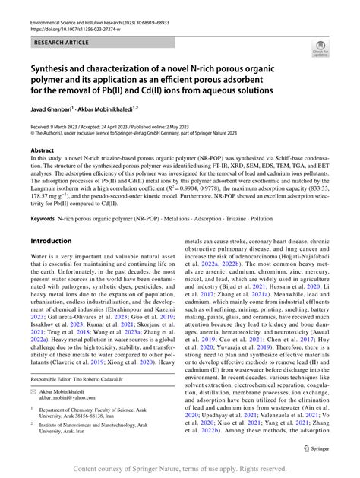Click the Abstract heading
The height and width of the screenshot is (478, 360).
click(x=43, y=150)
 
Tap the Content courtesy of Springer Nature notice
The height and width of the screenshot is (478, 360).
click(x=179, y=470)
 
